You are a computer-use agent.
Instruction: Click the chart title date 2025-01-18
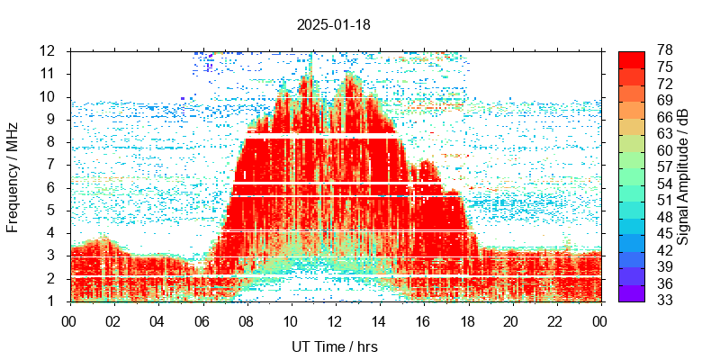(333, 25)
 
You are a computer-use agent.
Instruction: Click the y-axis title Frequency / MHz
(13, 176)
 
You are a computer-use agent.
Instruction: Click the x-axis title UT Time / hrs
(334, 346)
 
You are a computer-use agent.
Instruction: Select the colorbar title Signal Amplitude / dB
(683, 176)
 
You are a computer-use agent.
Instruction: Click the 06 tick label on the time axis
(202, 321)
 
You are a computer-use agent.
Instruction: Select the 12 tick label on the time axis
(335, 321)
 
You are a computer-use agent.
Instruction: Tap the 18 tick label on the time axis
(467, 321)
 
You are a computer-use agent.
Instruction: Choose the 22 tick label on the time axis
(555, 321)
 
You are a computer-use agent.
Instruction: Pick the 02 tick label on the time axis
(113, 321)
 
